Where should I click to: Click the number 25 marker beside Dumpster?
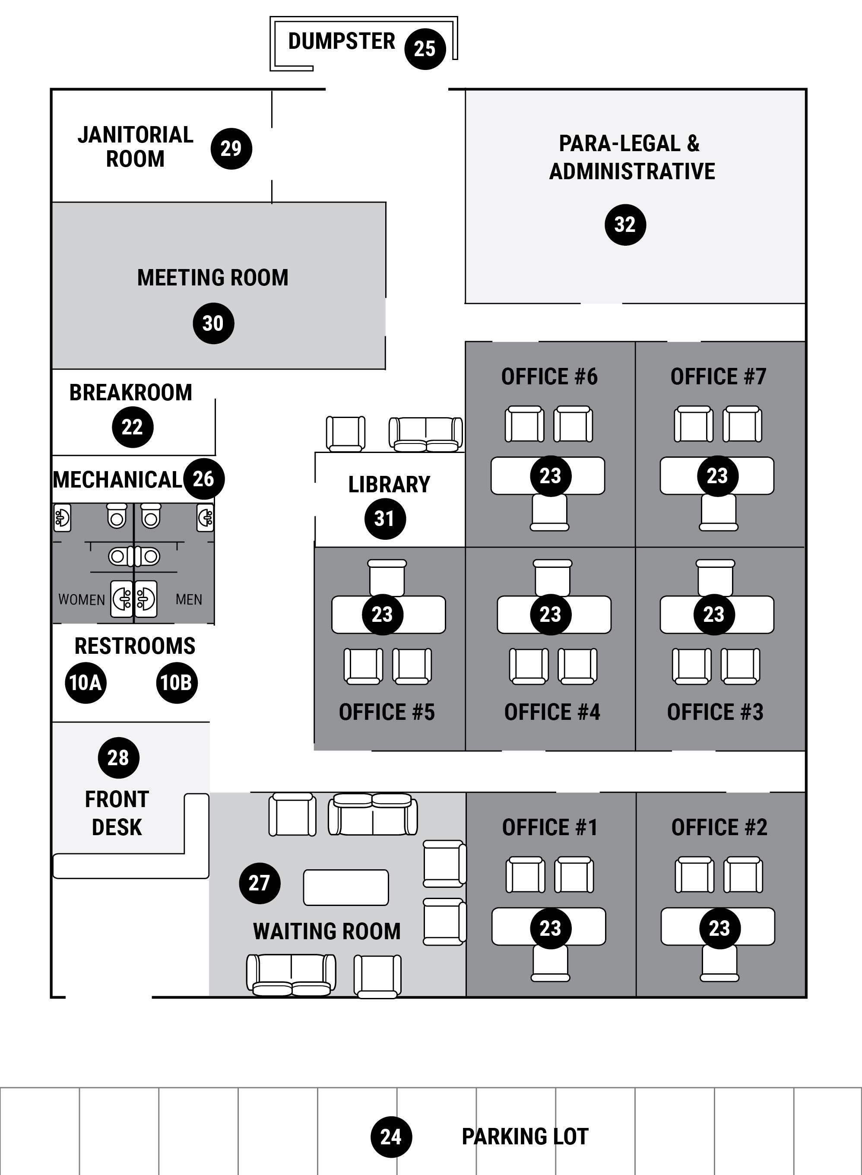(x=425, y=49)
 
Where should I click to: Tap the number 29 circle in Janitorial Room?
(x=231, y=149)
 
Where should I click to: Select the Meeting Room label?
(x=212, y=278)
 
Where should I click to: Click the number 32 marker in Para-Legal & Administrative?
(x=625, y=225)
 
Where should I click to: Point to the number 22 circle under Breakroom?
(x=133, y=428)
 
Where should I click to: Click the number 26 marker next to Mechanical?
(x=203, y=478)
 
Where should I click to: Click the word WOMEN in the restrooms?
(x=81, y=599)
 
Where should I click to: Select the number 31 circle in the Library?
(x=384, y=519)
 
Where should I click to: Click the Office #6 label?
(x=549, y=377)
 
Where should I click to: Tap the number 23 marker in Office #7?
(x=717, y=476)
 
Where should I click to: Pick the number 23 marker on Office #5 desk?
(x=383, y=614)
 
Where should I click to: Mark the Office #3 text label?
(x=715, y=712)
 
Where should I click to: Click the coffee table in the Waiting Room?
(x=346, y=887)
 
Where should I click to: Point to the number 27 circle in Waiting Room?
(x=259, y=883)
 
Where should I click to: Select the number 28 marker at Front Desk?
(x=118, y=757)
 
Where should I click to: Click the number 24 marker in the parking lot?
(x=391, y=1137)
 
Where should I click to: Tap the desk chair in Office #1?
(x=550, y=963)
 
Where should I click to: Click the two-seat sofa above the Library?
(x=426, y=434)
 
